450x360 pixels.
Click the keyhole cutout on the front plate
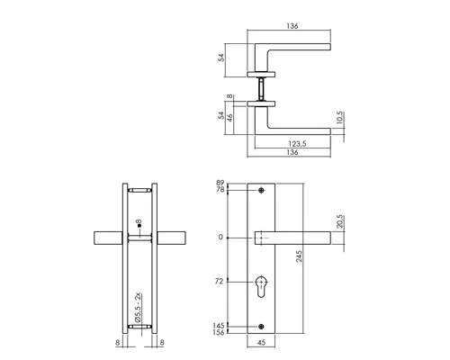262,285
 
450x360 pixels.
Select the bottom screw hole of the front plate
262,325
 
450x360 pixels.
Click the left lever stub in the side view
108,238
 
